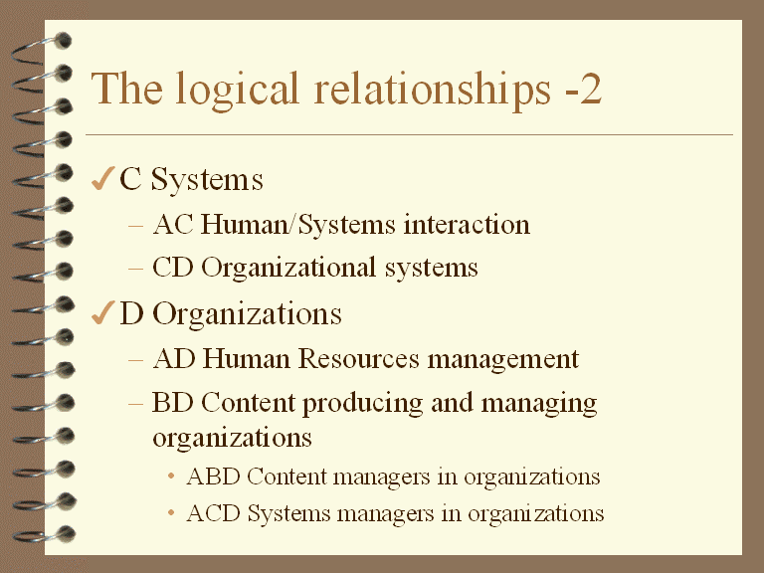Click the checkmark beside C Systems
point(101,180)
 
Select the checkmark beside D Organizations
point(101,314)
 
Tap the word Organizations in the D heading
point(248,315)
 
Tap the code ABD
point(213,477)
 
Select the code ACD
point(213,514)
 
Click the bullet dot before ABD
point(171,477)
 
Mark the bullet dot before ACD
point(171,514)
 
